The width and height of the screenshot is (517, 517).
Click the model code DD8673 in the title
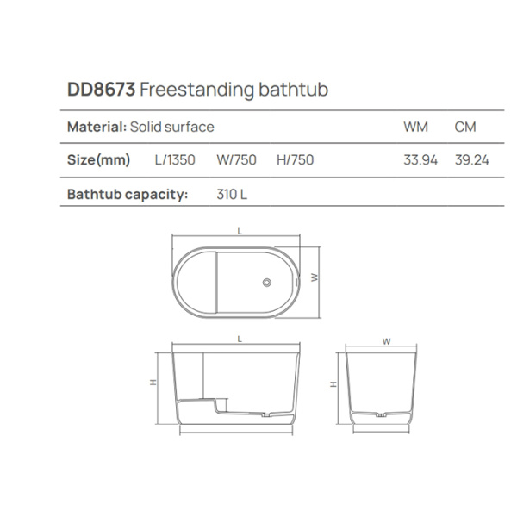(101, 90)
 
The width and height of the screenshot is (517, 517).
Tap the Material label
(97, 127)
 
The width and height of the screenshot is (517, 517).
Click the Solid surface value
(171, 127)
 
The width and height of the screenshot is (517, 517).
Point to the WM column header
(416, 127)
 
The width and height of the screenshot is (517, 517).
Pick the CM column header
(466, 127)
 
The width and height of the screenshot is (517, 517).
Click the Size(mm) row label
(98, 159)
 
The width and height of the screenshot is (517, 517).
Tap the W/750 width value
(236, 159)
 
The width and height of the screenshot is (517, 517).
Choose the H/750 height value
(295, 159)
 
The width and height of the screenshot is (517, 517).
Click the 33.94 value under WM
(420, 159)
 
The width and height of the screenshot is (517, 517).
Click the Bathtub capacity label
(128, 194)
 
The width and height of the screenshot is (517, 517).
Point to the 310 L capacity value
(232, 194)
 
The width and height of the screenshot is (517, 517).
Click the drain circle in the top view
(267, 282)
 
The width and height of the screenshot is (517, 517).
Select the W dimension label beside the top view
(315, 277)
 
